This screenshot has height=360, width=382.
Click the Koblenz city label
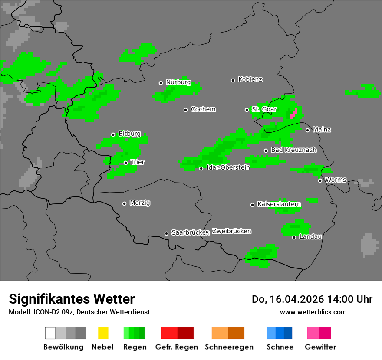click(x=250, y=79)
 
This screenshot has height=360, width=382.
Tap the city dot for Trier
click(x=125, y=163)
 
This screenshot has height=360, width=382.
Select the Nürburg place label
click(x=178, y=82)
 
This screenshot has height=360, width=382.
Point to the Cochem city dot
click(x=185, y=110)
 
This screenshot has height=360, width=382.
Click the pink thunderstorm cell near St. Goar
click(x=294, y=114)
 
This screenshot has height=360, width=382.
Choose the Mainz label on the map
click(x=322, y=130)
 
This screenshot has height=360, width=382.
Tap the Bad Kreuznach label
click(x=293, y=150)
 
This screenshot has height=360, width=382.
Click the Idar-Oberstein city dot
click(x=201, y=168)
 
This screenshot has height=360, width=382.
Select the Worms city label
click(x=336, y=180)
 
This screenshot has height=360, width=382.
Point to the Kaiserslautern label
click(x=279, y=204)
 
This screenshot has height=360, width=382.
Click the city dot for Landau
click(x=294, y=237)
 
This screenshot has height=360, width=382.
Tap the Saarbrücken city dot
click(x=166, y=233)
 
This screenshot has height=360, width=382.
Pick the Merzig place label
click(x=140, y=203)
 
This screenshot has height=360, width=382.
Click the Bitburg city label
click(x=129, y=134)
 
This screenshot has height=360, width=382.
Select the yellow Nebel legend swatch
click(x=103, y=333)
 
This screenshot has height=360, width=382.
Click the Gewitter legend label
click(x=320, y=347)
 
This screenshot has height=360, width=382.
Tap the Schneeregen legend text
click(x=229, y=347)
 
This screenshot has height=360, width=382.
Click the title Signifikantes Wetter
click(x=72, y=299)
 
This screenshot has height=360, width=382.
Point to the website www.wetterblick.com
click(x=313, y=312)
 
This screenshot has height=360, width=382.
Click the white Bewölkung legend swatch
click(x=50, y=333)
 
